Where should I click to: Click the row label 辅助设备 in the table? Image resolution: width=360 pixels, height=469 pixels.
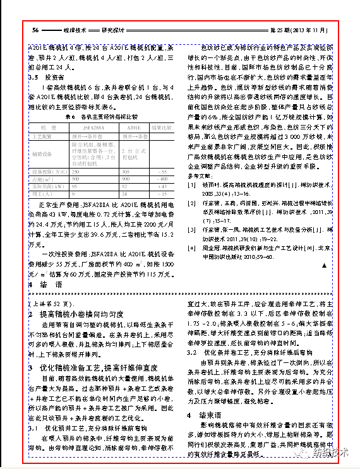44,153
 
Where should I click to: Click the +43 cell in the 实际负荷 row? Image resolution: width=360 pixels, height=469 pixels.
161,186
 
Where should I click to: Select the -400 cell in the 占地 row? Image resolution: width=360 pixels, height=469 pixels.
161,179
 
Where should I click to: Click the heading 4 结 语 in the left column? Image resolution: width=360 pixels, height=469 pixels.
42,285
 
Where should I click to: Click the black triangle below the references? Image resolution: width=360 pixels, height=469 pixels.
324,267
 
